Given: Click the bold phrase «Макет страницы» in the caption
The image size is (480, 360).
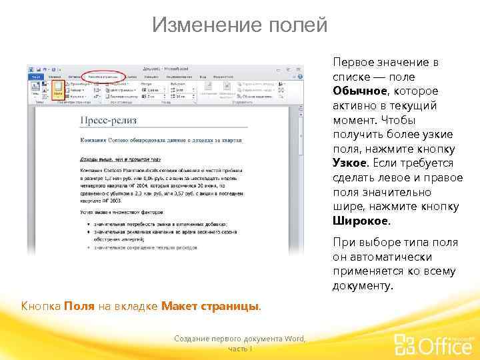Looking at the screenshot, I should (x=210, y=306).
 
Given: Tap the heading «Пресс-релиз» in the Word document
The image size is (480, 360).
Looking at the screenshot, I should (x=108, y=120).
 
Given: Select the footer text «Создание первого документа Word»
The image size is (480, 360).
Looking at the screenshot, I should (x=239, y=339).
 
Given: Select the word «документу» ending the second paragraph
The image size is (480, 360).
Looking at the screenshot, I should (x=363, y=285).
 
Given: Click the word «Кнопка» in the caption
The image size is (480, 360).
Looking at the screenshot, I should (x=41, y=306).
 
